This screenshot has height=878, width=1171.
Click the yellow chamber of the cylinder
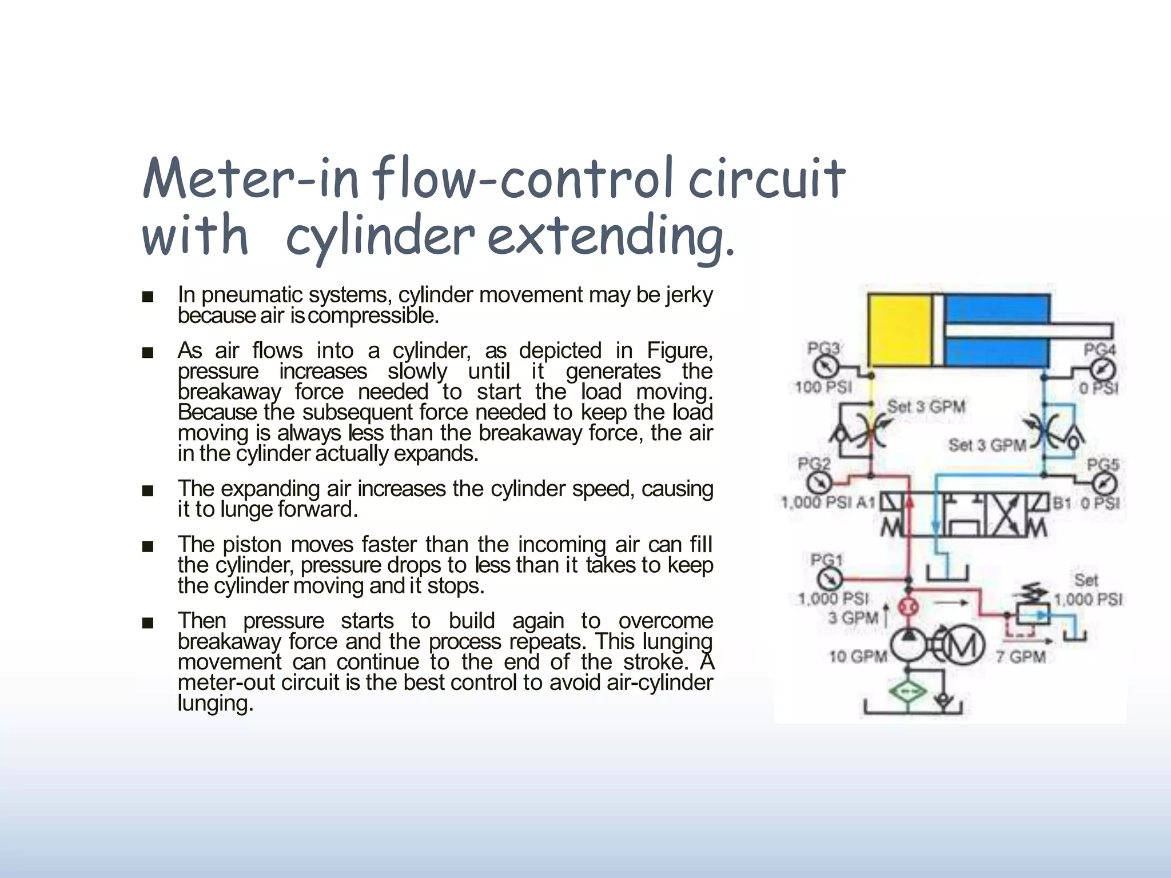click(899, 330)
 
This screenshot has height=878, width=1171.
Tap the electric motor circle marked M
click(965, 645)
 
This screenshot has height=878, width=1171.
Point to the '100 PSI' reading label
click(823, 388)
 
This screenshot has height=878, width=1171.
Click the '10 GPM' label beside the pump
click(858, 657)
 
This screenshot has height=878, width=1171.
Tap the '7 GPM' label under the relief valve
click(1021, 657)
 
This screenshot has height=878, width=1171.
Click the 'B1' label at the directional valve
click(1062, 503)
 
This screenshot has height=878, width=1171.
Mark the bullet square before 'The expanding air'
click(148, 490)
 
